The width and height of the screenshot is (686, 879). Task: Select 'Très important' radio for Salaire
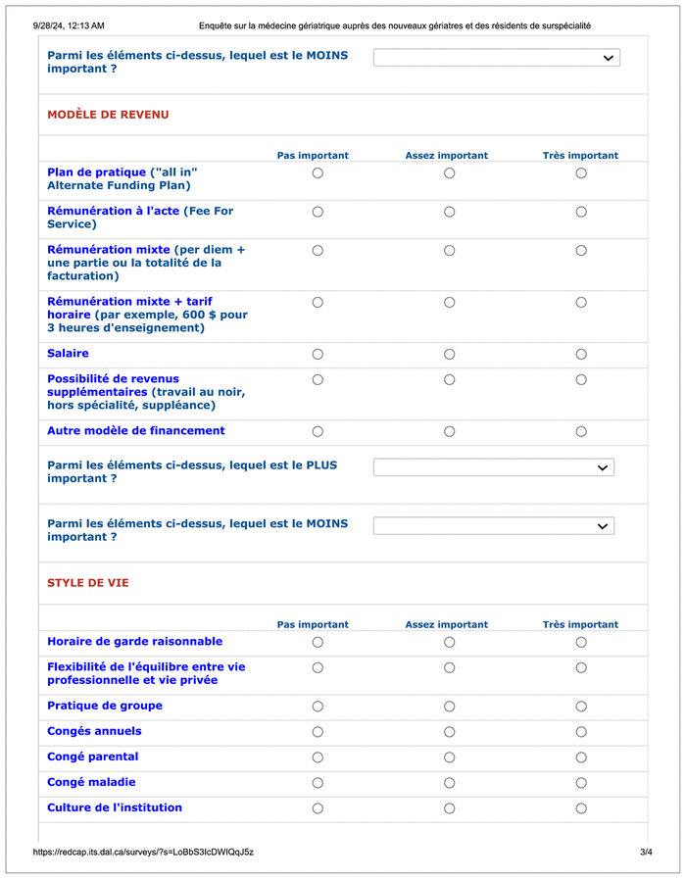[581, 354]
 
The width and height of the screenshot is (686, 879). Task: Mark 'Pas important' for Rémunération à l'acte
[318, 212]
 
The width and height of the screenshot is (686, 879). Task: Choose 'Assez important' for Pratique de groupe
[449, 707]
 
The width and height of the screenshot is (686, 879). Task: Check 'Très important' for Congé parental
[581, 757]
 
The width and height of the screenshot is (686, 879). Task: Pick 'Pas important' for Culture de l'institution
[318, 808]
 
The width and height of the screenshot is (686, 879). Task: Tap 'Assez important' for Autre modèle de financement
[449, 431]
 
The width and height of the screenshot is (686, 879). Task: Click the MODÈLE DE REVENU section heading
[108, 115]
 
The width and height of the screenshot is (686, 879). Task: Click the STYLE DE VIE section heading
[88, 583]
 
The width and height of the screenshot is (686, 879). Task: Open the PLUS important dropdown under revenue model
[493, 467]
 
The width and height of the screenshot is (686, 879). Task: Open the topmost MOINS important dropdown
[496, 58]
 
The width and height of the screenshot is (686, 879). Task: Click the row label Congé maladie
[91, 782]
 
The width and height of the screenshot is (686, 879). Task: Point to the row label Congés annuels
[94, 731]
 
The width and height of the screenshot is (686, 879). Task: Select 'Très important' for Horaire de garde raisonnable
[581, 643]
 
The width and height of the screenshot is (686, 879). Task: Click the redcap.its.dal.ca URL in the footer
[143, 853]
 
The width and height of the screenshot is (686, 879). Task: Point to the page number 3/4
[646, 853]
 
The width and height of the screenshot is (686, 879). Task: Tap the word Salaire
[68, 353]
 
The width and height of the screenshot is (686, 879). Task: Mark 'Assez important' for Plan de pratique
[449, 173]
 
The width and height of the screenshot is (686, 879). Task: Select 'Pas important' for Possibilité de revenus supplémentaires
[318, 379]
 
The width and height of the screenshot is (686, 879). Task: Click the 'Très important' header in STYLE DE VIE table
[580, 624]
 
